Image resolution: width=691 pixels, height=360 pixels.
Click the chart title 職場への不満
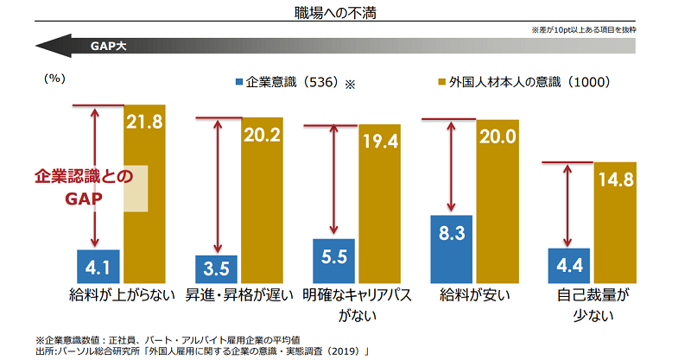click(x=345, y=13)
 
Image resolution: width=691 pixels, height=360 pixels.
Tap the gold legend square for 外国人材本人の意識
click(x=441, y=83)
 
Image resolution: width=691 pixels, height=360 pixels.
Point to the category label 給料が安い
click(x=475, y=295)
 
